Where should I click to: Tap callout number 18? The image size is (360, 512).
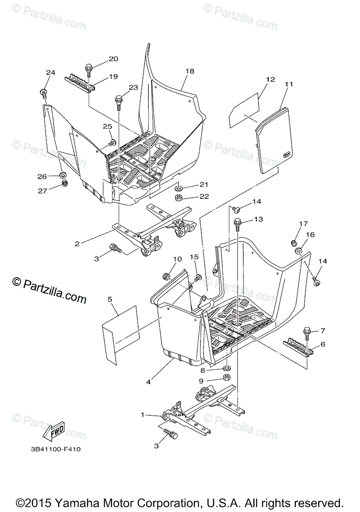190,71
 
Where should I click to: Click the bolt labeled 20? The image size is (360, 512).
89,69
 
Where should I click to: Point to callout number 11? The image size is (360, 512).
289,84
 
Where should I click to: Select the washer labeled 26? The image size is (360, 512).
62,175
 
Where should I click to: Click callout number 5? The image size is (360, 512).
110,300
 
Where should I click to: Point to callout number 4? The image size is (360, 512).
148,382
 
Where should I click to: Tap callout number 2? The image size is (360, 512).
77,244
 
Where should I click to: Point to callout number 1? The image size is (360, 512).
143,414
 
